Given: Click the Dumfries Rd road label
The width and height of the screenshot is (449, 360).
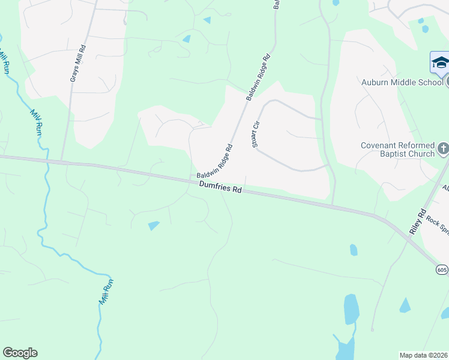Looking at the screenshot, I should [x=221, y=188].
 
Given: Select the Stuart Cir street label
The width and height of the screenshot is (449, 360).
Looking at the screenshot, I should [x=255, y=133].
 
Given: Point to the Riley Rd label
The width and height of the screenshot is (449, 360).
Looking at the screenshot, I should [x=417, y=221].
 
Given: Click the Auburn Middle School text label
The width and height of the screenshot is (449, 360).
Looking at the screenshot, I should [x=401, y=82].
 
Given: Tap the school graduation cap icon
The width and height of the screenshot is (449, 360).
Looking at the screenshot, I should [x=440, y=62].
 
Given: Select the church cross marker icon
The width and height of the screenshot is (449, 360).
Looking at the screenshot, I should [x=443, y=148].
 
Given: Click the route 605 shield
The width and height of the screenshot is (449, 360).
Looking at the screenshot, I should [x=442, y=270].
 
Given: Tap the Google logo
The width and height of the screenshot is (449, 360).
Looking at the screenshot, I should [x=20, y=353].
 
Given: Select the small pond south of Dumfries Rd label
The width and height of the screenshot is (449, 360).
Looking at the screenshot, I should [x=154, y=226].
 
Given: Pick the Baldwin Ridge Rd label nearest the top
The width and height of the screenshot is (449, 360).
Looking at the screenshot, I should [x=259, y=77].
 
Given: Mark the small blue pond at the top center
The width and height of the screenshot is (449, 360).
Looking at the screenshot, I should [x=207, y=20].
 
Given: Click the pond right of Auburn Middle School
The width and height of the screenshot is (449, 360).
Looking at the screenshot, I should [x=425, y=28].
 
